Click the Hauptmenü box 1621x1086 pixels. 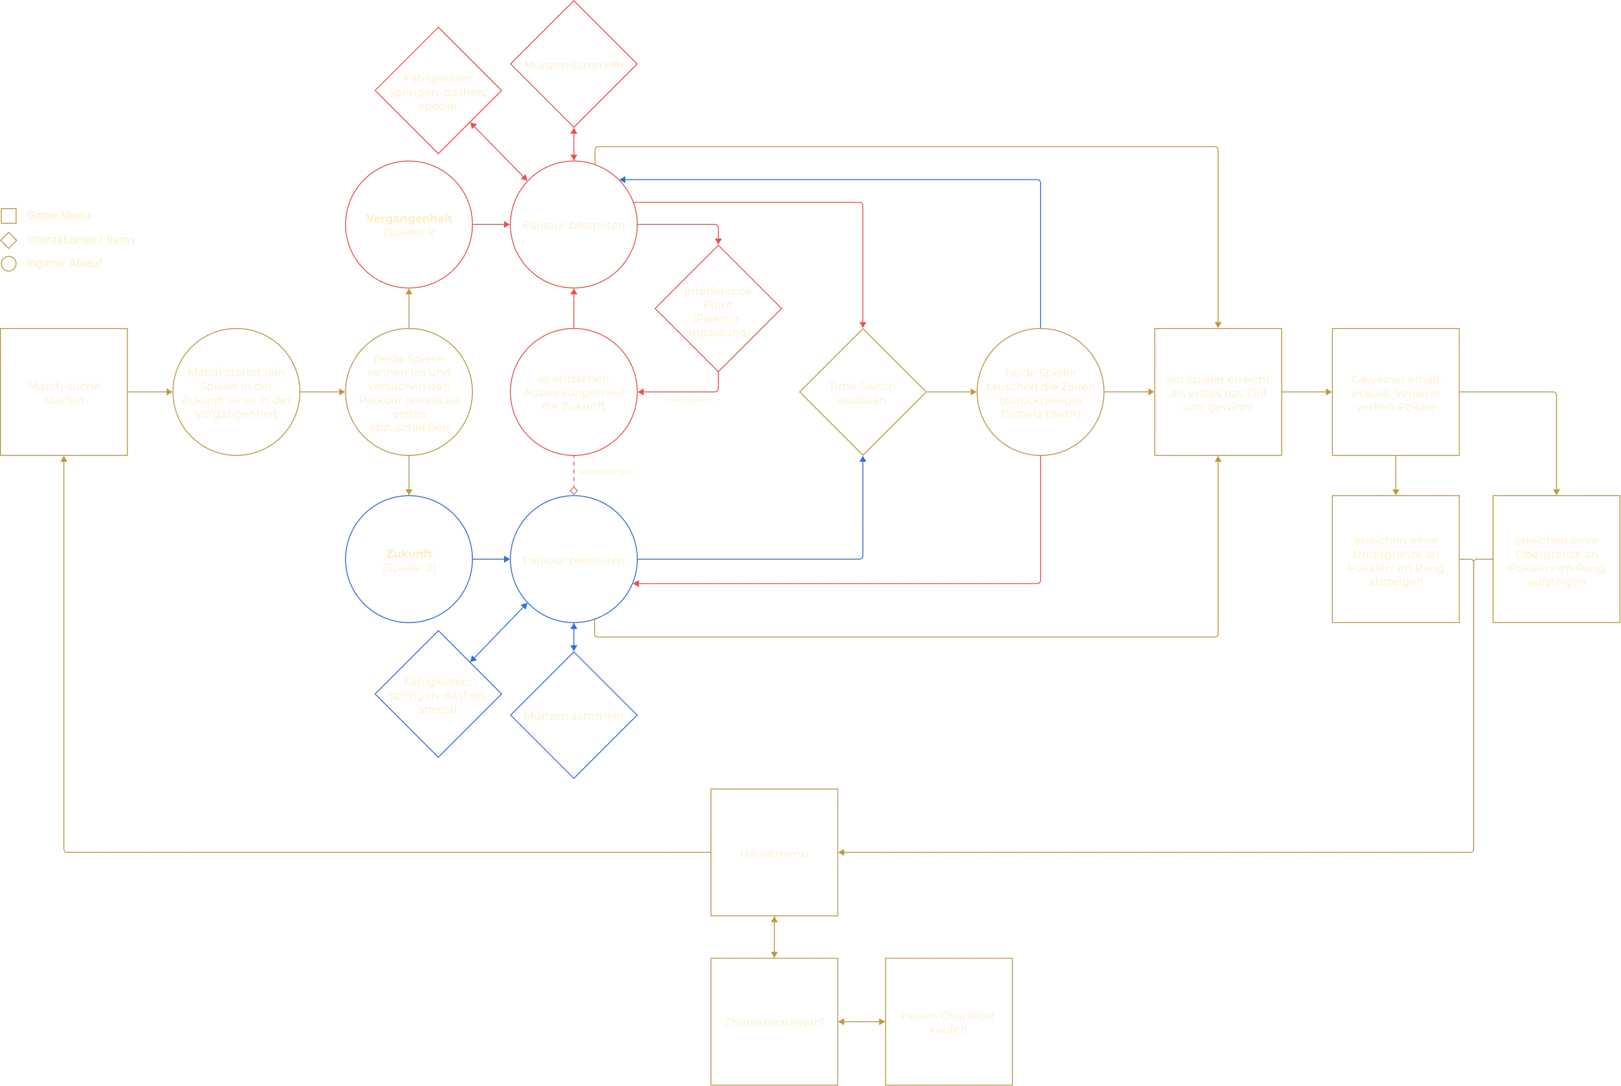point(774,852)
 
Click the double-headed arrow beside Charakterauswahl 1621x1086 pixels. point(861,1022)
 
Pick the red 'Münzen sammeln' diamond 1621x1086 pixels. point(574,64)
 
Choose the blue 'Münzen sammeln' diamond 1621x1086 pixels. point(574,715)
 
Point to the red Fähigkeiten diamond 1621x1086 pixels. point(439,91)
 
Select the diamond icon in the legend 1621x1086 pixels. point(9,241)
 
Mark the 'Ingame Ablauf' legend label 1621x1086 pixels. point(64,263)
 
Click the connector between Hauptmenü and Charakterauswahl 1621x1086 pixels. point(774,937)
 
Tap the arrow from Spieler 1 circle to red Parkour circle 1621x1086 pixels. point(492,224)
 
